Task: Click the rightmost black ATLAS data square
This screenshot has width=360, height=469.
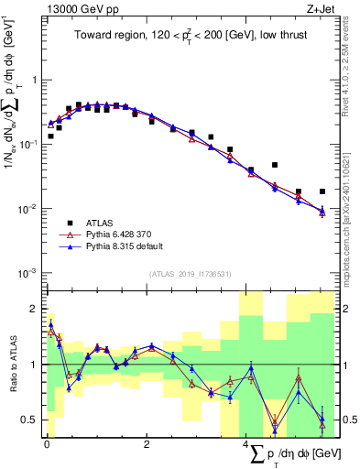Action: (322, 191)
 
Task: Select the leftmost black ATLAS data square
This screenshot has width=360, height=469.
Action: (50, 136)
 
